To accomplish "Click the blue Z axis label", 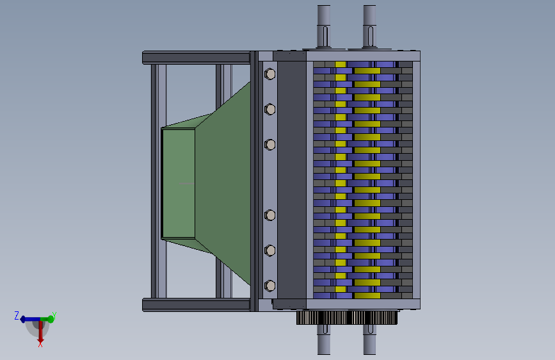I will coord(17,315).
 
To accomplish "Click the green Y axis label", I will coord(54,315).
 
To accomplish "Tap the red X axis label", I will coord(40,344).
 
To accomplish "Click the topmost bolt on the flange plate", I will coord(269,74).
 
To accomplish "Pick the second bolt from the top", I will coord(269,109).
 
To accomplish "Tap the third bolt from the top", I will coord(269,145).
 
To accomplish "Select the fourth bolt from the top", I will coord(269,215).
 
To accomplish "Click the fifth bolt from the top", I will coord(269,250).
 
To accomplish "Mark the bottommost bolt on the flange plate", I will coord(269,284).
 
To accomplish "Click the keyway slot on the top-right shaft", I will coord(369,35).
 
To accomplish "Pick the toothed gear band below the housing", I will coord(348,318).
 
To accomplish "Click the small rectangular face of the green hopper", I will coord(178,183).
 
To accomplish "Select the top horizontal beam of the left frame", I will coord(195,58).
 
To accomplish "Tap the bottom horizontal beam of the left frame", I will coord(195,305).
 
